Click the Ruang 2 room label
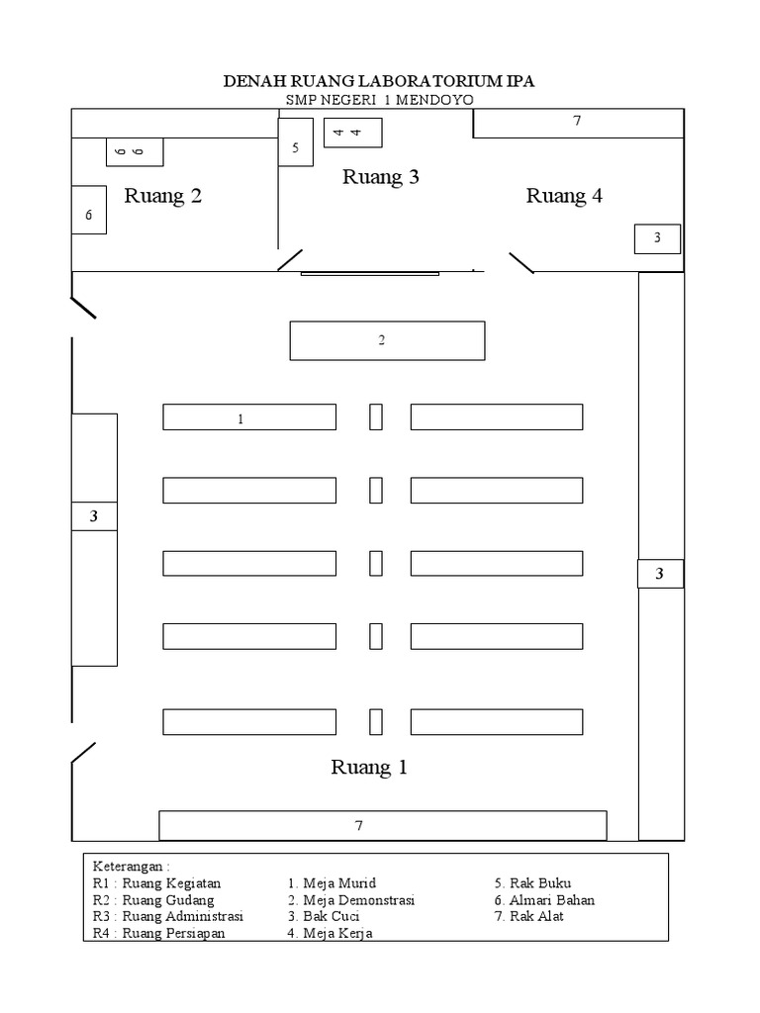pos(163,196)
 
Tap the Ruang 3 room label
pos(381,177)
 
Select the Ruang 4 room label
pos(564,196)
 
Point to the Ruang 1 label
pos(369,767)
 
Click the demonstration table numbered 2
pos(387,340)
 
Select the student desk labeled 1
pos(249,417)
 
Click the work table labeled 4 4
pos(353,133)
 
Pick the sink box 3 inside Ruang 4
pos(657,238)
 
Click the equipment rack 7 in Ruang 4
pos(578,123)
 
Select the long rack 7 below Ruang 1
pos(382,825)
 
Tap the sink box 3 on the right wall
pos(659,574)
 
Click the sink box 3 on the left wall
pos(94,515)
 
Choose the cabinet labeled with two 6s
pos(135,151)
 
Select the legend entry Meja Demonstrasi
pos(351,900)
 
